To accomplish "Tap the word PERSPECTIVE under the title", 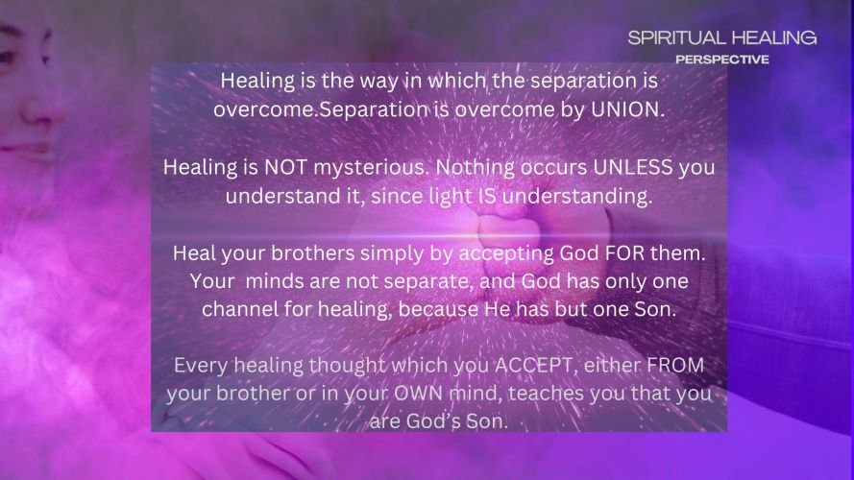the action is (722, 60).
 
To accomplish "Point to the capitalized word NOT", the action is (286, 167).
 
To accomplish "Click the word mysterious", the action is (371, 168).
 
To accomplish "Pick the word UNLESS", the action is (633, 167).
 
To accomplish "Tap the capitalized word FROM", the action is (675, 365).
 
